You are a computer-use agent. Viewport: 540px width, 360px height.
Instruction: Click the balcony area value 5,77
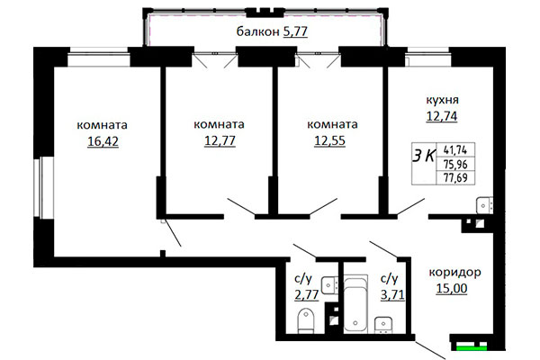pos(295,31)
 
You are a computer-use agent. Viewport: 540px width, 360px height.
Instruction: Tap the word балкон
pos(258,32)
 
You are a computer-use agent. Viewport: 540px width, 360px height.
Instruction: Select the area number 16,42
pos(103,141)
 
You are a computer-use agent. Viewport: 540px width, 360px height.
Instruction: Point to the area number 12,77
pos(220,140)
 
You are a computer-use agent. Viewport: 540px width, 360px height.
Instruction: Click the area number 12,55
pos(330,140)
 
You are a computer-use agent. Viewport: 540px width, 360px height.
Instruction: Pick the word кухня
pos(443,100)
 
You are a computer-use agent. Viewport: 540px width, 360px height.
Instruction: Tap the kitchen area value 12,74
pos(442,116)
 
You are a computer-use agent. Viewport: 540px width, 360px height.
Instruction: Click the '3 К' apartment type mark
pos(424,156)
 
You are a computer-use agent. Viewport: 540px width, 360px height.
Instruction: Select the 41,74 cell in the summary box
pos(455,150)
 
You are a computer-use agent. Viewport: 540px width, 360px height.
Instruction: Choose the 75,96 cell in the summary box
pos(455,164)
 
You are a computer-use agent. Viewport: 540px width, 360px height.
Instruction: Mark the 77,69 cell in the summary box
pos(455,178)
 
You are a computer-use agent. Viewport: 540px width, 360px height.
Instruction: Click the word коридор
pos(454,273)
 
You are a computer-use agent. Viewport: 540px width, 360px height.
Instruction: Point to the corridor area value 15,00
pos(452,288)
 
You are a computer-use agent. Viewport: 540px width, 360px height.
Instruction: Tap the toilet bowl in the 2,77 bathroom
pos(305,320)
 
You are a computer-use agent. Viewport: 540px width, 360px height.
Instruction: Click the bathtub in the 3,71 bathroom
pos(355,305)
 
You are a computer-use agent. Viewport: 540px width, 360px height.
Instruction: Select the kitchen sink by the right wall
pos(484,206)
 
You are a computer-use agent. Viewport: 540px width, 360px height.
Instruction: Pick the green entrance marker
pos(472,347)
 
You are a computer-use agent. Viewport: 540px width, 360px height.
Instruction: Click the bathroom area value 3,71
pos(392,295)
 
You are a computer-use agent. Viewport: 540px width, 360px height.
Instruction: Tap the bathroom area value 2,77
pos(307,295)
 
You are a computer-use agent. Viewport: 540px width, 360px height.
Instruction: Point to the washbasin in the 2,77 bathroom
pos(329,285)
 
